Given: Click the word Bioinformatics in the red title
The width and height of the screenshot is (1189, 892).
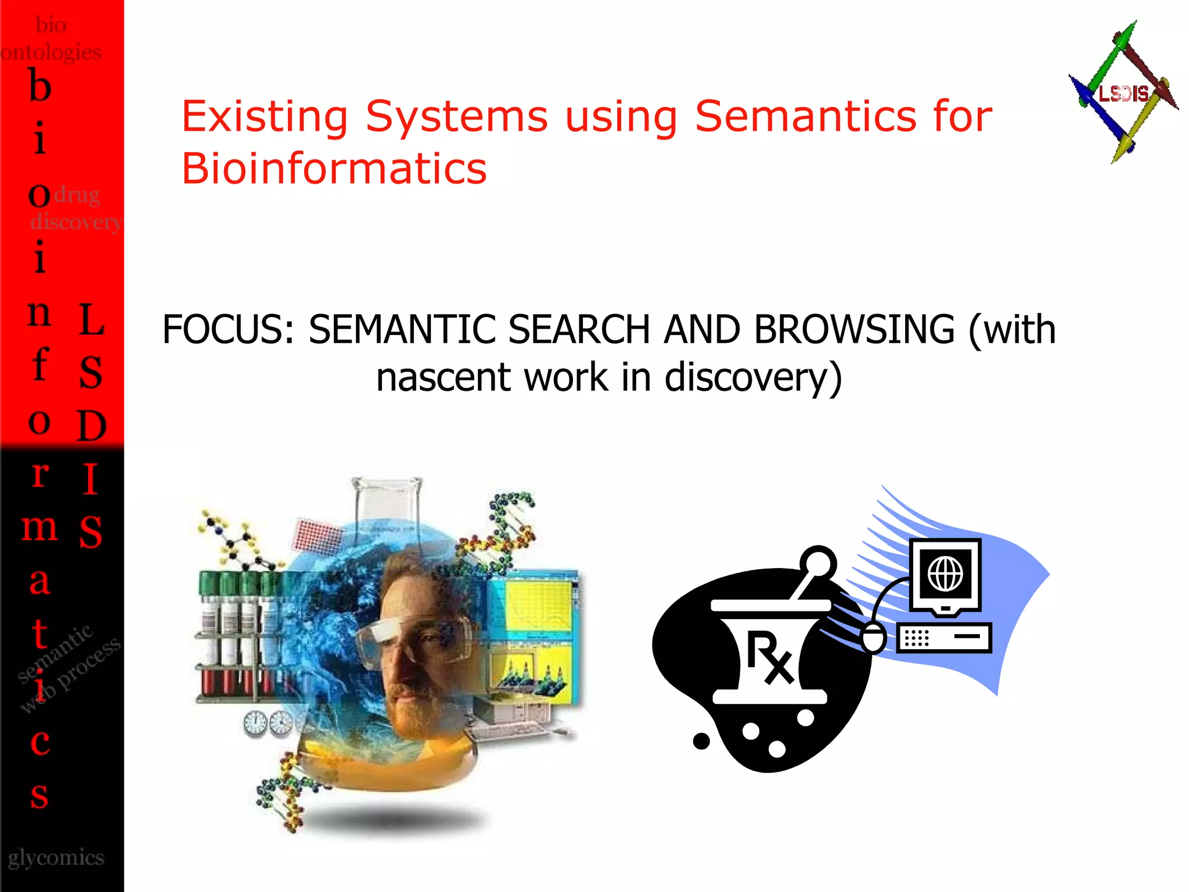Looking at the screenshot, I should click(x=334, y=168).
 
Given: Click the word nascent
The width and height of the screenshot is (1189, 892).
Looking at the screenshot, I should click(x=443, y=377).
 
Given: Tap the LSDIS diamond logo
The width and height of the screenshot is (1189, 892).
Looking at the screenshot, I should click(x=1123, y=93).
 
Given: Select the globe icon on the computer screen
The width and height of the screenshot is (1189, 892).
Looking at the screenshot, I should click(x=945, y=573).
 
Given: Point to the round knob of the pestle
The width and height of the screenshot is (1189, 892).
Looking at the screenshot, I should click(x=818, y=563).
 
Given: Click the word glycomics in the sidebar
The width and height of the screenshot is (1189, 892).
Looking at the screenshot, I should click(x=56, y=857).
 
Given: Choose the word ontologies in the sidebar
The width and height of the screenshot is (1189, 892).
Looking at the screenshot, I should click(x=51, y=52).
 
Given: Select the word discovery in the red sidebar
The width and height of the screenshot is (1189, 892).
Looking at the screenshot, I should click(x=75, y=222).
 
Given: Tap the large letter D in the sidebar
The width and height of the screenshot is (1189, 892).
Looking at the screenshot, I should click(x=91, y=426).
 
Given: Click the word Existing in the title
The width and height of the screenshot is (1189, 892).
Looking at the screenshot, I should click(x=265, y=116).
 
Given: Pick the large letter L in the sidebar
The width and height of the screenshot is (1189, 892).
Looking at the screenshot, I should click(x=91, y=319).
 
